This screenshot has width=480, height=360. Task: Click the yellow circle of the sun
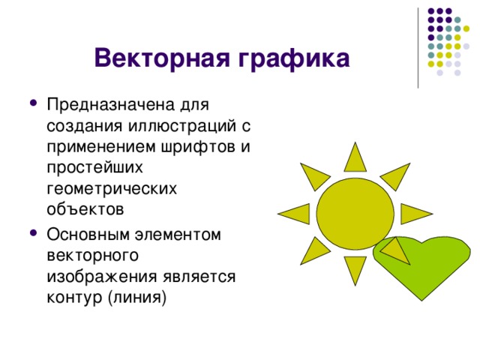tap(355, 212)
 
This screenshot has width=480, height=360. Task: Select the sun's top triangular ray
tap(355, 157)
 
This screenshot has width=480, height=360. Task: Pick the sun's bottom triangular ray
tap(355, 269)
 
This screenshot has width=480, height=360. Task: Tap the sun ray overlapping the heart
tap(396, 251)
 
